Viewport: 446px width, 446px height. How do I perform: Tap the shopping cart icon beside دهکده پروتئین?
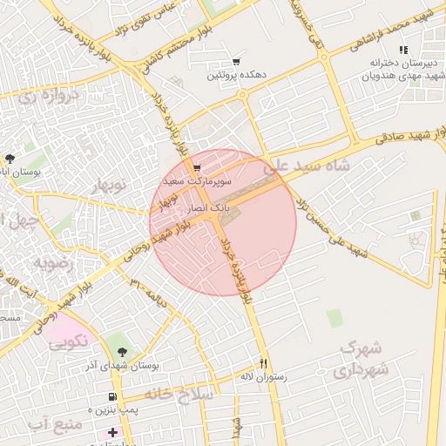pyautogui.click(x=236, y=62)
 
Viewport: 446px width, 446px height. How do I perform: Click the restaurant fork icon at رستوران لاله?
pyautogui.click(x=263, y=363)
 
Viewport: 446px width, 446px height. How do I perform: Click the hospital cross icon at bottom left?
pyautogui.click(x=111, y=432)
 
